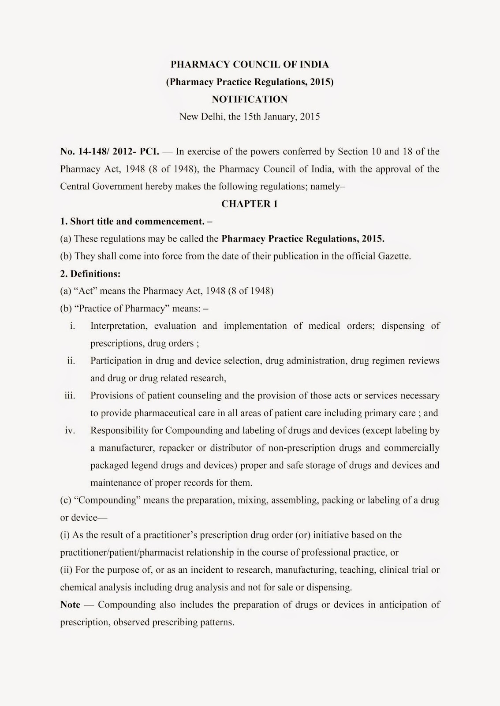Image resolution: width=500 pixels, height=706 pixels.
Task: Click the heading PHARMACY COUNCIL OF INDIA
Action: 250,64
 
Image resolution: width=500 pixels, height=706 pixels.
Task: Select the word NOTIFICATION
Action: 250,99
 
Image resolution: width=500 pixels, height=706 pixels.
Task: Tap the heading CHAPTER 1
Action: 250,204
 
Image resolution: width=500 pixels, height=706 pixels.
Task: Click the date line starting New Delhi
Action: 250,117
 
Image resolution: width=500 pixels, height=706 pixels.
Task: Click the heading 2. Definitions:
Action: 90,274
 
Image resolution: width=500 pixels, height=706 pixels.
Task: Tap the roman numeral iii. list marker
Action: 70,395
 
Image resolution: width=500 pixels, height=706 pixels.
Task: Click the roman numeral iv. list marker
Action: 70,430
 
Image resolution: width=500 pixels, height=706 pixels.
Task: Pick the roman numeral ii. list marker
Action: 71,361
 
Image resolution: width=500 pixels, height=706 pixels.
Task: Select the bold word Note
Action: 70,605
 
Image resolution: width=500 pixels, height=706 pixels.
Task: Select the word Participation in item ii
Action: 115,361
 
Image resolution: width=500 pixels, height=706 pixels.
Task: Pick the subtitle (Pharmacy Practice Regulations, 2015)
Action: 250,82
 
